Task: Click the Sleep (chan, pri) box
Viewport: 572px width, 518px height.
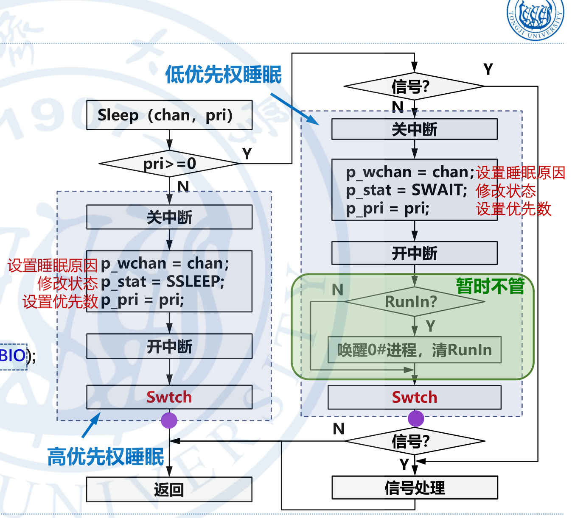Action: [x=169, y=115]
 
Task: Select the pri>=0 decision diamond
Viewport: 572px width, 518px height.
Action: [x=169, y=163]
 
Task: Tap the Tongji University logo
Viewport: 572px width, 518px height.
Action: [x=536, y=19]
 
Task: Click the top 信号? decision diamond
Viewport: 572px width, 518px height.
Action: [x=414, y=86]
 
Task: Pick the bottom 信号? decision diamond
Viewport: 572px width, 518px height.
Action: [x=414, y=441]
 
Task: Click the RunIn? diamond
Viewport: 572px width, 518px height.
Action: [x=414, y=301]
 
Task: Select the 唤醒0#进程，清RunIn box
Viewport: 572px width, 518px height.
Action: [x=414, y=350]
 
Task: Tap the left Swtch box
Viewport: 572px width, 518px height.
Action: [x=169, y=397]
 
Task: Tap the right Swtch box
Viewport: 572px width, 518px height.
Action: [x=414, y=397]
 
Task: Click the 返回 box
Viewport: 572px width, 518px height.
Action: [x=169, y=489]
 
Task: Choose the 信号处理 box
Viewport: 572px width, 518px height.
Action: [x=414, y=487]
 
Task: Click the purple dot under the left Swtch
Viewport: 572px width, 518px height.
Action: [x=169, y=420]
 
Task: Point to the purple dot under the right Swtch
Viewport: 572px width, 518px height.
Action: [x=416, y=418]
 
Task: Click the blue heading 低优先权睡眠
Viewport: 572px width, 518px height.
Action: [x=223, y=75]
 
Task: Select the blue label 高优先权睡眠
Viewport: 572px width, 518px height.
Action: [x=106, y=457]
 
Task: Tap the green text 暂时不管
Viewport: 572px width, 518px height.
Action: [x=490, y=287]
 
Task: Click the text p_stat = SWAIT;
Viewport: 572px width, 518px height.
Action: [x=407, y=190]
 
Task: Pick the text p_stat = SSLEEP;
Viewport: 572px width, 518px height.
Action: [x=163, y=281]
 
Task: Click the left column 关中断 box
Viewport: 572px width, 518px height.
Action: [x=169, y=217]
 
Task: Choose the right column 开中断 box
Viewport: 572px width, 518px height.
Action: [x=414, y=253]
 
